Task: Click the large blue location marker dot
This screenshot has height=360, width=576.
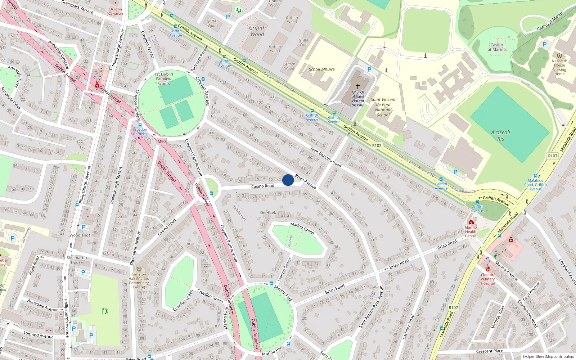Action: coord(288,180)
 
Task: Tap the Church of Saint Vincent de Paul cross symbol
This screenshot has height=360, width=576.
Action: coord(358,86)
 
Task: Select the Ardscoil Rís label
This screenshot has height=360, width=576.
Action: coord(501,135)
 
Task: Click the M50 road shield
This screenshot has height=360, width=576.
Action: coord(162,141)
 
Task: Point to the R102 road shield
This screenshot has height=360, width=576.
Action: coord(377,145)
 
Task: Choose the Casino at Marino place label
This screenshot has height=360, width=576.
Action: coord(497,47)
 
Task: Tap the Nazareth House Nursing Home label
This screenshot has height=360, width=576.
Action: coord(559,67)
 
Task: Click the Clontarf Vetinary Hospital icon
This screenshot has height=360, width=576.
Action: coord(488,269)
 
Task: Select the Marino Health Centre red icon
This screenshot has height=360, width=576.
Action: coord(471,222)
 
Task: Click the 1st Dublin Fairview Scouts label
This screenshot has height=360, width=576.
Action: coord(164,79)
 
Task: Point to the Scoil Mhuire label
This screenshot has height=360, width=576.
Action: coord(321,69)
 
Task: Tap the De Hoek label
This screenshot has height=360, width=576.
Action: coord(268,213)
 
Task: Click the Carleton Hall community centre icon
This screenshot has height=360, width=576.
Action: coord(139,269)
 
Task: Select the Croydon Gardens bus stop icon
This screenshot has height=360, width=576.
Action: coord(140,125)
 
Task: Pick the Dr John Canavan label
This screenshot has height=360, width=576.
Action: coord(116,11)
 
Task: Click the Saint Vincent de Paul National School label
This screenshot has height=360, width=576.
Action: coord(383,107)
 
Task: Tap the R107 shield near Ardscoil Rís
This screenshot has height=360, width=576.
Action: coord(553,156)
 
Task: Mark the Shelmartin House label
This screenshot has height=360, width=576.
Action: coord(77,260)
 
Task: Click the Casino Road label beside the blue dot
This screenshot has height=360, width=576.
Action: coord(262,186)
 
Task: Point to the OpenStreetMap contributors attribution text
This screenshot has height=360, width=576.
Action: coord(548,356)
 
